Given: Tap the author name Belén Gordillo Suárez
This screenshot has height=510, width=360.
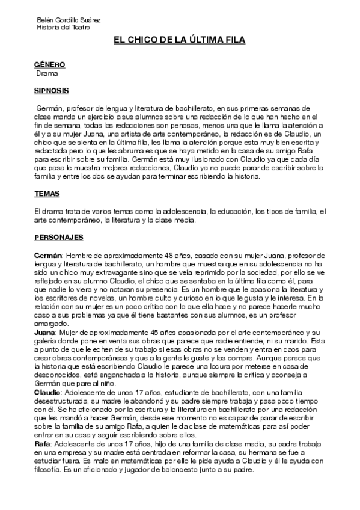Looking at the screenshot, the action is (x=69, y=20).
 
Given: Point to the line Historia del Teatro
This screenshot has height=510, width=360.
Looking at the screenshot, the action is (x=63, y=28).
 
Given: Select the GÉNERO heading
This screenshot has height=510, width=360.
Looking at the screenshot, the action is (x=49, y=65).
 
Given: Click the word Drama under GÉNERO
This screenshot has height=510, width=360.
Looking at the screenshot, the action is (x=47, y=73).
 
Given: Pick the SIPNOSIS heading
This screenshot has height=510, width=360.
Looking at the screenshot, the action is (x=51, y=91).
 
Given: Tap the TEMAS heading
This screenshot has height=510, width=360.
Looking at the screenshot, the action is (x=46, y=194).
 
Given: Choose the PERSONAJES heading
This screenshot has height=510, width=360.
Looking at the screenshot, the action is (x=59, y=238).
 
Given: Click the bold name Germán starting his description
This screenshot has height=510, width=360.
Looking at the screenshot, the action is (x=49, y=256).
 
